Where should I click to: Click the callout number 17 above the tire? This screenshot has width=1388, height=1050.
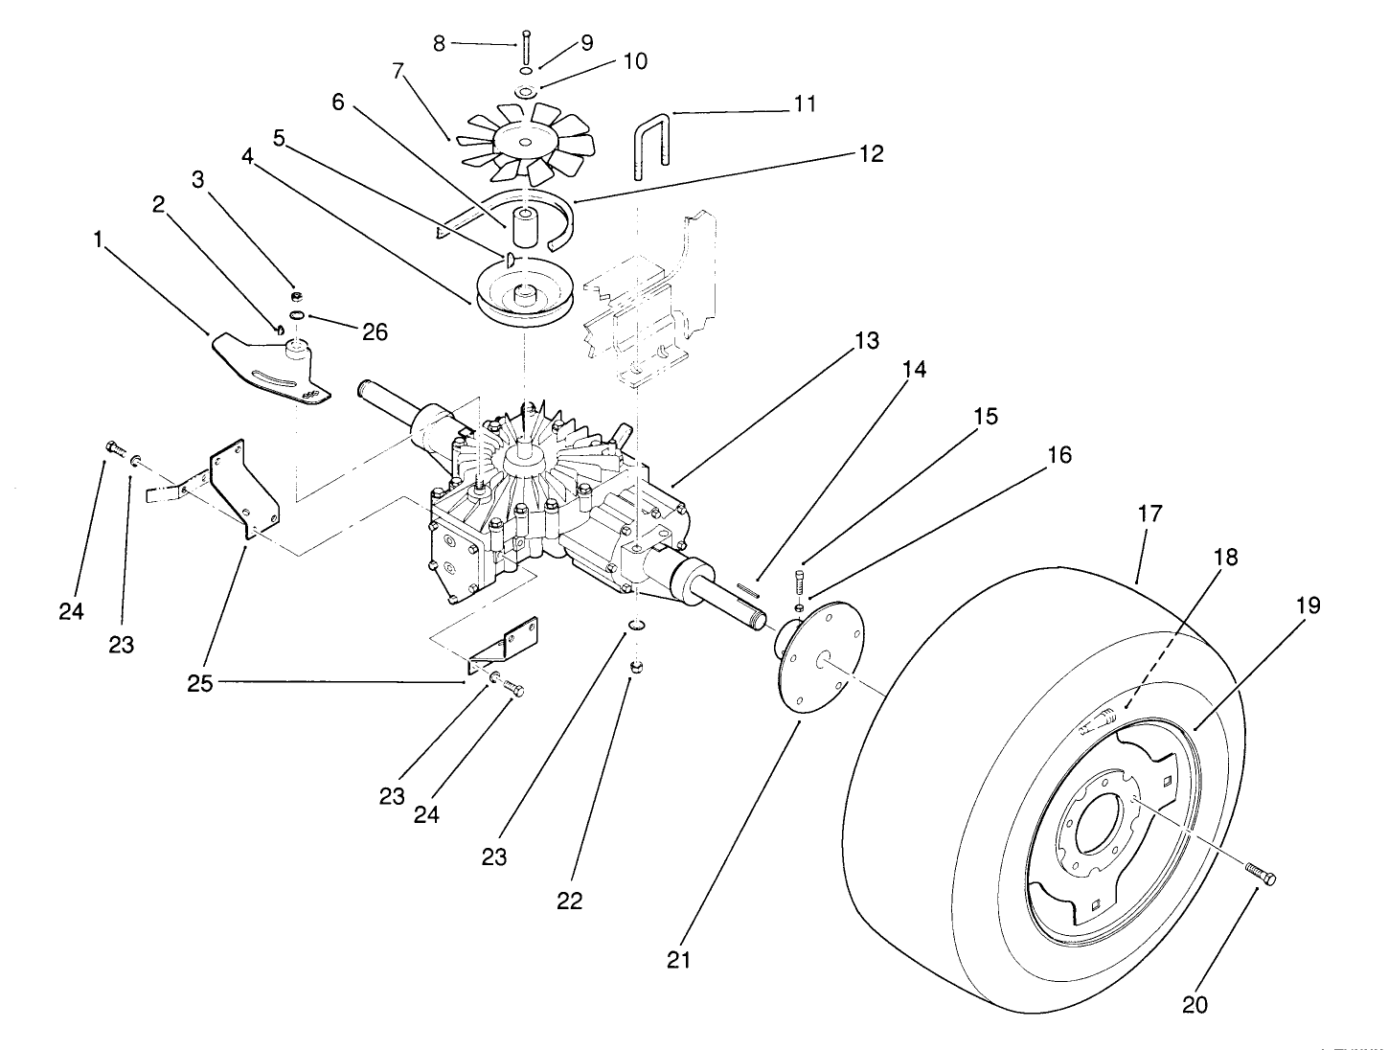click(1149, 514)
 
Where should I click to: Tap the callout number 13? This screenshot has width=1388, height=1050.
click(866, 341)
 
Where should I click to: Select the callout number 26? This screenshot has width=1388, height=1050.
click(375, 331)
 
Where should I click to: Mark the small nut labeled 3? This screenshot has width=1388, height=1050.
click(298, 298)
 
